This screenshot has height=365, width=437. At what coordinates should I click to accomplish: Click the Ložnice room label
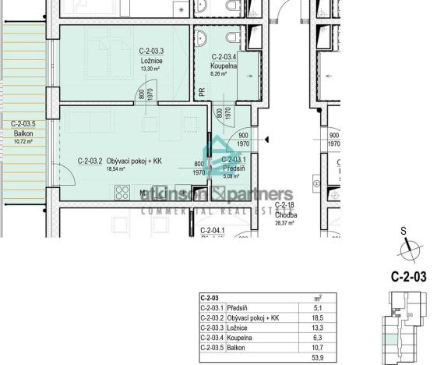[x=150, y=59]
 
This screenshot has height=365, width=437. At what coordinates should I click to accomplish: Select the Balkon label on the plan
[x=23, y=133]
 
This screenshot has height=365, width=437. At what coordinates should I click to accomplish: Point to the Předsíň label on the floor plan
[x=234, y=168]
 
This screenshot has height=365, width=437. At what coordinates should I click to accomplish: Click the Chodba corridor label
[x=284, y=214]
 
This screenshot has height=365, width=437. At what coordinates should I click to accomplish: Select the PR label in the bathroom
[x=201, y=92]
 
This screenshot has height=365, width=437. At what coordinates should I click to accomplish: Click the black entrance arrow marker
[x=266, y=140]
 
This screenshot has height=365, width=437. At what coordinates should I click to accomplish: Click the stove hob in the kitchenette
[x=122, y=190]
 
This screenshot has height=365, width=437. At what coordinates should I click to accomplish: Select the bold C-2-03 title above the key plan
[x=408, y=276]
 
